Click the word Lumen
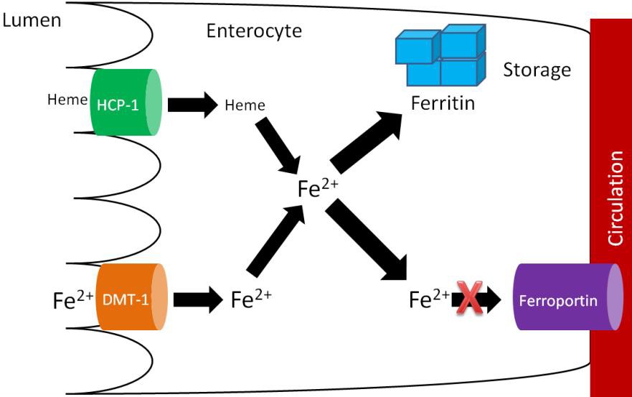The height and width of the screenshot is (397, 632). (32, 19)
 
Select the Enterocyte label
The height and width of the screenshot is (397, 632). (254, 31)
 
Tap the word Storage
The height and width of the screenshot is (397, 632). (537, 70)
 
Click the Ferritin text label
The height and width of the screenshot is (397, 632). (443, 103)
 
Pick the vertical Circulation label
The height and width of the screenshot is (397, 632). (616, 197)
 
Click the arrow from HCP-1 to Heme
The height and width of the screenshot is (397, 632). (192, 105)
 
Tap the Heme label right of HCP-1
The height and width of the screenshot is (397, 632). (245, 106)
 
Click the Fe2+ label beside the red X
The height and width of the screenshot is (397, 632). (429, 299)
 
